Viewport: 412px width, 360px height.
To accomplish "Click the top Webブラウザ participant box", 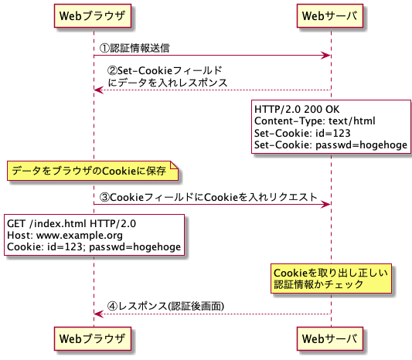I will tap(94, 16).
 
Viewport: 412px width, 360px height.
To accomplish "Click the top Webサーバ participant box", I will tap(331, 16).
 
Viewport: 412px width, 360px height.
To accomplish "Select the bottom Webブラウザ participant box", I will tap(94, 338).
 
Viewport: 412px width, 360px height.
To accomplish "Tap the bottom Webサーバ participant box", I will tap(331, 338).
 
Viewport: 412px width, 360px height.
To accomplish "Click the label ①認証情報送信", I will tap(136, 48).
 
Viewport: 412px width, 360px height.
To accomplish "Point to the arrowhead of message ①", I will tap(327, 56).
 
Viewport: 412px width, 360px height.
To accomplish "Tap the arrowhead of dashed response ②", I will tap(98, 90).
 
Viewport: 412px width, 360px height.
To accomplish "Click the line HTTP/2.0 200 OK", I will tap(296, 109).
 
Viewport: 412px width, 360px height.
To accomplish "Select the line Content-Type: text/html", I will tap(314, 121).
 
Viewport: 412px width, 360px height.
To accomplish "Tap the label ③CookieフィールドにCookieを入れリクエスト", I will tap(209, 197).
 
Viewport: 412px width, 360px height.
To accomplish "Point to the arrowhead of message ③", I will tap(327, 205).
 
